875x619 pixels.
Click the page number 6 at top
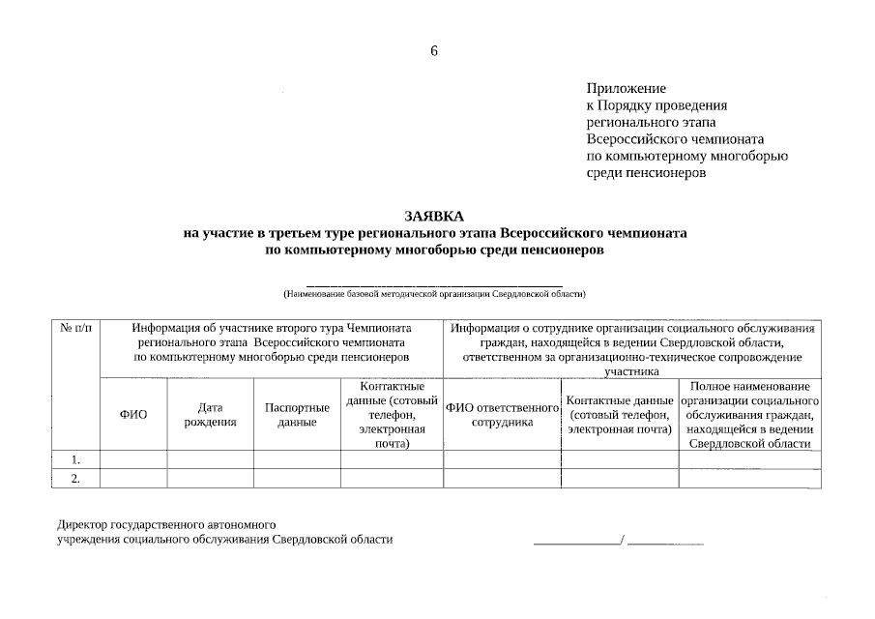click(x=434, y=51)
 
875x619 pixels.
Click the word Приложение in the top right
click(x=626, y=88)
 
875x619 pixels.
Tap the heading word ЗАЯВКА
click(x=434, y=216)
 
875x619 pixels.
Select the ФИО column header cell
click(x=133, y=415)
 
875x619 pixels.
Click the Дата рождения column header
click(x=211, y=415)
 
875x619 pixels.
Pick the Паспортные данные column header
click(x=297, y=415)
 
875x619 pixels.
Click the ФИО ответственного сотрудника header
click(x=502, y=415)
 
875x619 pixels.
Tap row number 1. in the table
click(x=75, y=459)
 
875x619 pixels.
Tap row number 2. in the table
click(x=75, y=479)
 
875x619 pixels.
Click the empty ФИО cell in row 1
click(x=133, y=459)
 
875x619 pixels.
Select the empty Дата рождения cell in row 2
click(x=211, y=479)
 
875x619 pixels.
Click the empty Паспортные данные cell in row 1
click(x=297, y=459)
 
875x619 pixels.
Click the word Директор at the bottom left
click(x=84, y=524)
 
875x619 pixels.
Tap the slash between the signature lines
click(x=624, y=540)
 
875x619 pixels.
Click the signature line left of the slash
click(x=577, y=544)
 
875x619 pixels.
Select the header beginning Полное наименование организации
click(x=750, y=415)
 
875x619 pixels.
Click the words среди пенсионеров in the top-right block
click(x=646, y=173)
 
